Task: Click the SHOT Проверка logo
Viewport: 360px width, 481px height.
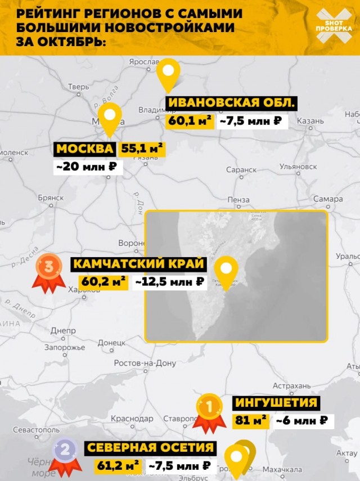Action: [334, 26]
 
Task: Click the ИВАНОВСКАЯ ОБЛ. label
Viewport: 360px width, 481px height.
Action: [231, 103]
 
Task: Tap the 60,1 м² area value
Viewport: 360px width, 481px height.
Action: [190, 120]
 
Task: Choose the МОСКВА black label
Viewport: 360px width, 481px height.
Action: [85, 149]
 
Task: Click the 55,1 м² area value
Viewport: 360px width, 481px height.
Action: [142, 149]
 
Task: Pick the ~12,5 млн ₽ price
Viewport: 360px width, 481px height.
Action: [169, 282]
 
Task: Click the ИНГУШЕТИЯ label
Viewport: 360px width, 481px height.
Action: [276, 403]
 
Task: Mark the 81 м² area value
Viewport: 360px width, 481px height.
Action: [251, 420]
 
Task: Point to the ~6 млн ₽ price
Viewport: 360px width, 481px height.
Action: [301, 420]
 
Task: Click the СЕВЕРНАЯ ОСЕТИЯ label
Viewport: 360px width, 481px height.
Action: [150, 448]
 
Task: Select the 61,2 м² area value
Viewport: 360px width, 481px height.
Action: [118, 465]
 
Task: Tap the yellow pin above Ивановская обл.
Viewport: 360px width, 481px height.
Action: [168, 74]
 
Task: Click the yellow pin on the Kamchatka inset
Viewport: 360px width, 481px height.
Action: [227, 271]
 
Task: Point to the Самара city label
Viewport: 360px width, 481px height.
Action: [328, 199]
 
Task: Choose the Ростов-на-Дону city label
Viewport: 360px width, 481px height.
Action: [145, 363]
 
